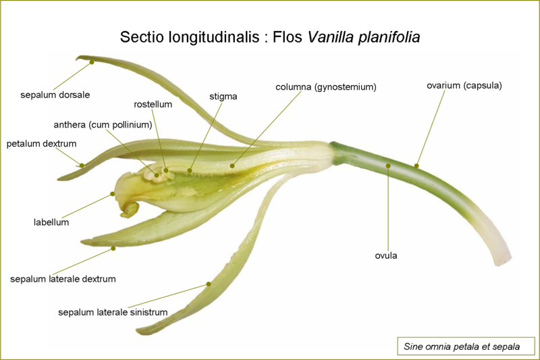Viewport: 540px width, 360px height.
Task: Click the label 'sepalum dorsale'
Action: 55,94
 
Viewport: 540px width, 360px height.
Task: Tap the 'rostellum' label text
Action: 153,105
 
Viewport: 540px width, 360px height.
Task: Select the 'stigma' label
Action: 223,97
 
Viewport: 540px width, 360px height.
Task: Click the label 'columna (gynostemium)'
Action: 325,87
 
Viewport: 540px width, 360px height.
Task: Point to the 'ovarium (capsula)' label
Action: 464,85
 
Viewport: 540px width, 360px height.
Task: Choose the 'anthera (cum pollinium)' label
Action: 103,124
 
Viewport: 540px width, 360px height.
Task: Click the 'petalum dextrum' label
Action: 41,144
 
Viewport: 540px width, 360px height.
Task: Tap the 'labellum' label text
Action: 51,222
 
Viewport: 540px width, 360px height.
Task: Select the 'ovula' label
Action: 386,255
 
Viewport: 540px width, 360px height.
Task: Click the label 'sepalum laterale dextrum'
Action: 63,278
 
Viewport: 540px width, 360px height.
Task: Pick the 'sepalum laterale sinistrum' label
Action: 113,312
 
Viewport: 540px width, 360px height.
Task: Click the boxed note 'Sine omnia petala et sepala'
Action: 462,346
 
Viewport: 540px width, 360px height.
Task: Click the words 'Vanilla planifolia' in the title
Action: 364,36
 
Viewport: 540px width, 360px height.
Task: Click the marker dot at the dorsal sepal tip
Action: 92,62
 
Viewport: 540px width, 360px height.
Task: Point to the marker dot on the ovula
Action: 388,165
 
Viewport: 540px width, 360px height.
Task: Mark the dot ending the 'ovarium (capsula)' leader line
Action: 416,165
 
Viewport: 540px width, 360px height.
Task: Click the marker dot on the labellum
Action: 113,195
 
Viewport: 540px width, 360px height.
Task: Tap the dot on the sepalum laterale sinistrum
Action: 209,284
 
